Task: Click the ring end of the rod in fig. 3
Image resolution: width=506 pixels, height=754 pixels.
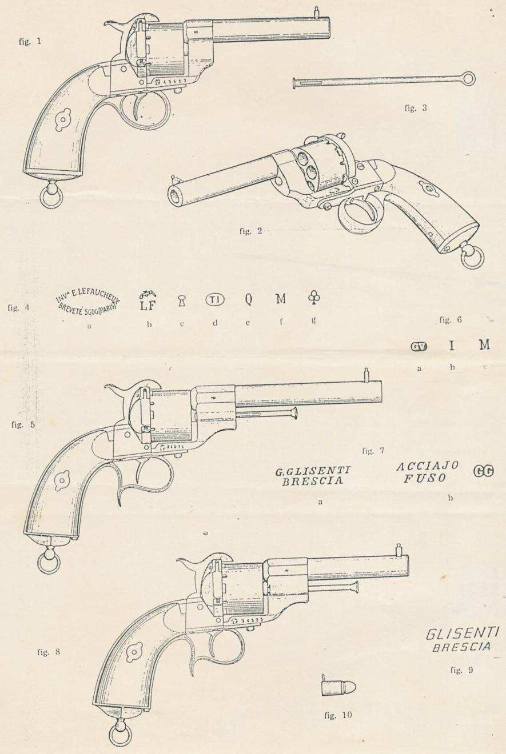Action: click(x=468, y=78)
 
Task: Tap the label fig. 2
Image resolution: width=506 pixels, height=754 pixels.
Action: click(x=250, y=231)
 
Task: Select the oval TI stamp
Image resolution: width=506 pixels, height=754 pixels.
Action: click(x=215, y=299)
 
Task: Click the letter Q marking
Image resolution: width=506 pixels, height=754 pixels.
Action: click(x=249, y=299)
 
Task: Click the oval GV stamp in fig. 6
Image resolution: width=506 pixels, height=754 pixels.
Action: click(x=419, y=346)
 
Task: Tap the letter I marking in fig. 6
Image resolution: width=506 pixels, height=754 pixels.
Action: click(x=452, y=345)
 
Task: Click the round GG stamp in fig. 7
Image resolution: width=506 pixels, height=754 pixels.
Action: click(x=484, y=471)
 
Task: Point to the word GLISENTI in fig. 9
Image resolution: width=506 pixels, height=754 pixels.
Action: click(x=463, y=633)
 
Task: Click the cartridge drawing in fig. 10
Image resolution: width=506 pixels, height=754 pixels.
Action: click(x=338, y=687)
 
